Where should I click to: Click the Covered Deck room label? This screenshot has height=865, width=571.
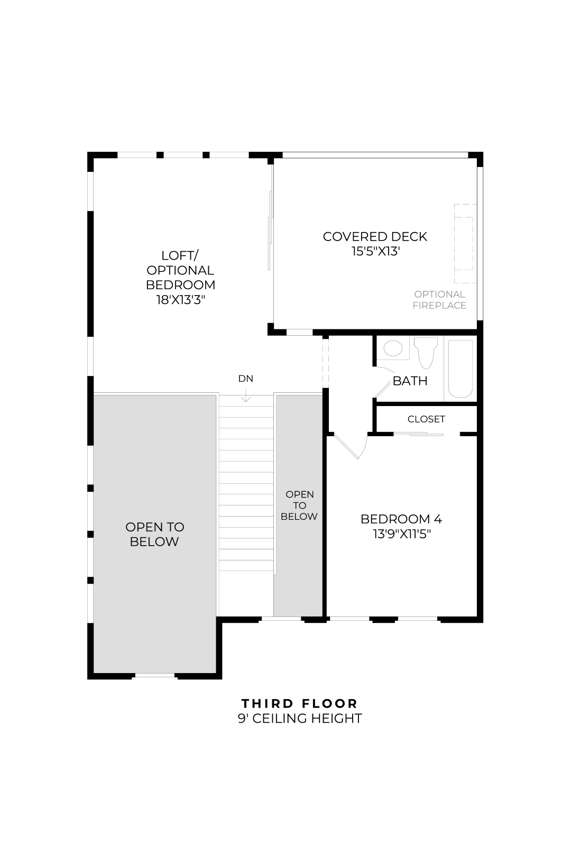pos(375,236)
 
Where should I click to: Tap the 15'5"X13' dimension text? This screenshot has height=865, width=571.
pos(375,251)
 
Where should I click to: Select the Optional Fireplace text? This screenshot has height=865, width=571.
pos(439,300)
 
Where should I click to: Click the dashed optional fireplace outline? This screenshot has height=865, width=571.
pos(465,244)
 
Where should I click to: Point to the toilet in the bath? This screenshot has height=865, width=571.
pos(426,352)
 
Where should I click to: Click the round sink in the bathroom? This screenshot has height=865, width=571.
pos(393,348)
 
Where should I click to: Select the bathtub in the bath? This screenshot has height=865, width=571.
pos(461,369)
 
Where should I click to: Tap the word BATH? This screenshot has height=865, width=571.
pos(410,381)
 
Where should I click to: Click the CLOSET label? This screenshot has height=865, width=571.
pos(426,419)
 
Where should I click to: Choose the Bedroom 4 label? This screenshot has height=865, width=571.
pos(401,519)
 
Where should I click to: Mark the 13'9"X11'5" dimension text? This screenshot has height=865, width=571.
pos(401,534)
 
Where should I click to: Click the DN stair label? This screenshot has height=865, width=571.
pos(246,379)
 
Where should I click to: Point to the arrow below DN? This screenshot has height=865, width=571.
pos(246,395)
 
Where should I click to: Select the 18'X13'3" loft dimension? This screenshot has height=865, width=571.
pos(180,299)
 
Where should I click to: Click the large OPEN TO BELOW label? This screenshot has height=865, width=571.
pos(154,534)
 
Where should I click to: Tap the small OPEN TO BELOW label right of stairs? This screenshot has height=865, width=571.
pos(299,505)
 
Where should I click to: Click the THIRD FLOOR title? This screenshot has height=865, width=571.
pos(300,703)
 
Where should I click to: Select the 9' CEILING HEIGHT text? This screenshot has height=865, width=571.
pos(300,719)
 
